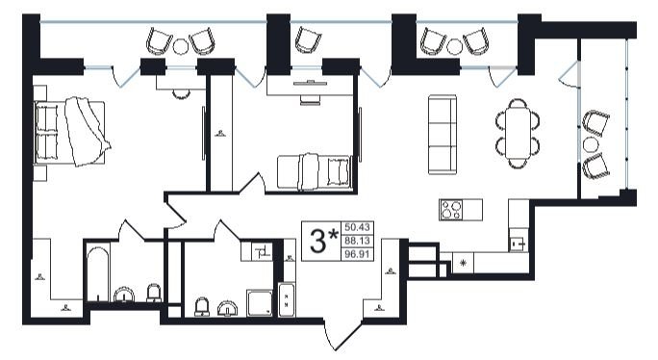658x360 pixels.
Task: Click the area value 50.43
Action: (357, 227)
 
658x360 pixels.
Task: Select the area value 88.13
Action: (357, 241)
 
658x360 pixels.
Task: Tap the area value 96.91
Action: (357, 254)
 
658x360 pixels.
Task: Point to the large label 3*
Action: (323, 241)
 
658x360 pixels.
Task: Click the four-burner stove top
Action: (450, 210)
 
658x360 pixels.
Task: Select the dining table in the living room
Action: (518, 132)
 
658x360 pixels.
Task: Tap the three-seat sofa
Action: (443, 134)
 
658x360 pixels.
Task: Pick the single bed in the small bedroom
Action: (314, 171)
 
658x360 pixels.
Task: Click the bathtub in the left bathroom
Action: (98, 273)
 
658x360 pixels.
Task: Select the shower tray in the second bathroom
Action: (260, 302)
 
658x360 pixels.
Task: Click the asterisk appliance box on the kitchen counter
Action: (464, 263)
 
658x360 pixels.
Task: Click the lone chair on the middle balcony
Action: (309, 39)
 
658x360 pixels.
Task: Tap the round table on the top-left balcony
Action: (181, 46)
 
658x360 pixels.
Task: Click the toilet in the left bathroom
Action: (154, 293)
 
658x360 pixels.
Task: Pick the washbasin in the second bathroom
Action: (227, 308)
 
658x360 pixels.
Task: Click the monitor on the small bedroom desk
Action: (310, 83)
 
